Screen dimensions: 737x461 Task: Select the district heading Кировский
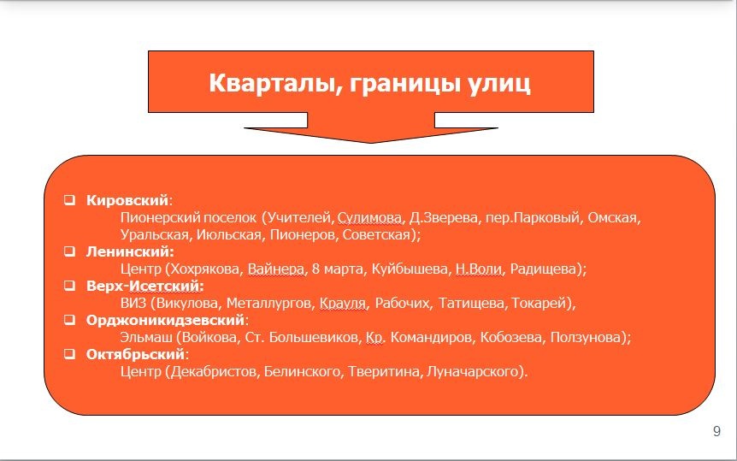click(x=127, y=200)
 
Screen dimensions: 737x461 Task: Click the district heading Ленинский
click(x=130, y=251)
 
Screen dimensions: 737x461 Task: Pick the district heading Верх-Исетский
click(x=144, y=286)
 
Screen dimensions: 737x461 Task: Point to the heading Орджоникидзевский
click(x=166, y=321)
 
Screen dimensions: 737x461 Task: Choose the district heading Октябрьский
click(x=135, y=354)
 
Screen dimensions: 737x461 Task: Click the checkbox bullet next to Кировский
click(x=69, y=200)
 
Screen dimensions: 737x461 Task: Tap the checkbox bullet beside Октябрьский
click(x=69, y=354)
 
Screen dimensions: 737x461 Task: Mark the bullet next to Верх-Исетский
click(x=69, y=286)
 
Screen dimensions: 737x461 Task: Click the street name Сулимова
click(x=370, y=218)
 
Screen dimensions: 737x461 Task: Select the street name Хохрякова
click(x=204, y=269)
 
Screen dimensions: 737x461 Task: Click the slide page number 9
click(x=716, y=431)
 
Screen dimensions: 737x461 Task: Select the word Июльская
click(x=228, y=234)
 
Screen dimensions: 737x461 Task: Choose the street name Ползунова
click(x=587, y=337)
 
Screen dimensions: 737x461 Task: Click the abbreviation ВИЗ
click(x=133, y=303)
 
